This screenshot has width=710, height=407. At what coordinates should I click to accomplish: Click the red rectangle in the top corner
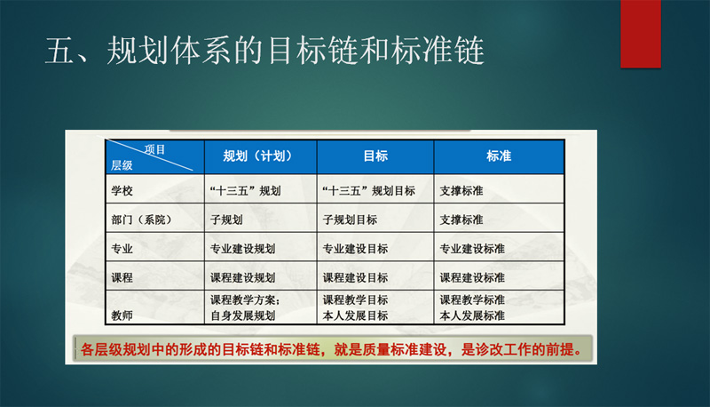[640, 34]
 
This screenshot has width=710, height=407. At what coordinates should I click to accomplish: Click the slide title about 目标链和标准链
[264, 51]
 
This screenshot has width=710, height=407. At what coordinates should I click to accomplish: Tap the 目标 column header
[375, 156]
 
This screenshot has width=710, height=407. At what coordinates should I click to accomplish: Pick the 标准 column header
[499, 156]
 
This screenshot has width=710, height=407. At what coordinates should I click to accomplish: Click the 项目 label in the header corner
[154, 149]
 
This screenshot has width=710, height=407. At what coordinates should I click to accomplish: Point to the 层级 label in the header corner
[122, 165]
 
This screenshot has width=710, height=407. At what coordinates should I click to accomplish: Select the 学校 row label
[122, 191]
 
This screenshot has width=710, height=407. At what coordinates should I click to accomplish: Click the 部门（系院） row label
[141, 219]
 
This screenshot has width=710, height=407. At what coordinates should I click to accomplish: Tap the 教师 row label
[122, 315]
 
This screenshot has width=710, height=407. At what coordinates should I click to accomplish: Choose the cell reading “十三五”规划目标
[368, 191]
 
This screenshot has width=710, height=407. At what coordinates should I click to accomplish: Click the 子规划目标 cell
[350, 219]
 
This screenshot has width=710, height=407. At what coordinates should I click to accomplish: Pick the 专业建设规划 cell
[242, 249]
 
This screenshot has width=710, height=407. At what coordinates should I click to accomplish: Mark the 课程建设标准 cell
[472, 277]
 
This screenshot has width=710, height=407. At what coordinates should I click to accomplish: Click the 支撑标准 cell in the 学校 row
[461, 191]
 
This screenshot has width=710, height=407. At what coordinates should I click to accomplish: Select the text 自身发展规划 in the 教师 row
[242, 315]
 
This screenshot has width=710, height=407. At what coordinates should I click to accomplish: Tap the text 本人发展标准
[472, 315]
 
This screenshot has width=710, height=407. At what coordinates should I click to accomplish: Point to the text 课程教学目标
[355, 300]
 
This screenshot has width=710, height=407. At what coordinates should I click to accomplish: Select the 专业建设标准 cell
[472, 249]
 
